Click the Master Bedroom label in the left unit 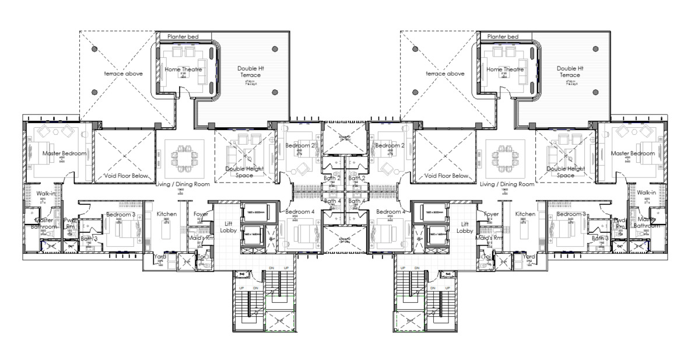pyautogui.click(x=64, y=153)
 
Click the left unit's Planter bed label pyautogui.click(x=183, y=37)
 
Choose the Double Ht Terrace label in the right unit pyautogui.click(x=569, y=72)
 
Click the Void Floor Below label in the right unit pyautogui.click(x=447, y=176)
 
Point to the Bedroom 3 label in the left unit pyautogui.click(x=121, y=215)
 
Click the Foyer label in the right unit pyautogui.click(x=491, y=214)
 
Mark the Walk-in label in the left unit pyautogui.click(x=45, y=193)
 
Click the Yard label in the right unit pyautogui.click(x=529, y=256)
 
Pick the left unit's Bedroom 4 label pyautogui.click(x=300, y=211)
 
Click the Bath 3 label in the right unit pyautogui.click(x=600, y=238)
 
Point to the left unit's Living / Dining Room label pyautogui.click(x=182, y=184)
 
